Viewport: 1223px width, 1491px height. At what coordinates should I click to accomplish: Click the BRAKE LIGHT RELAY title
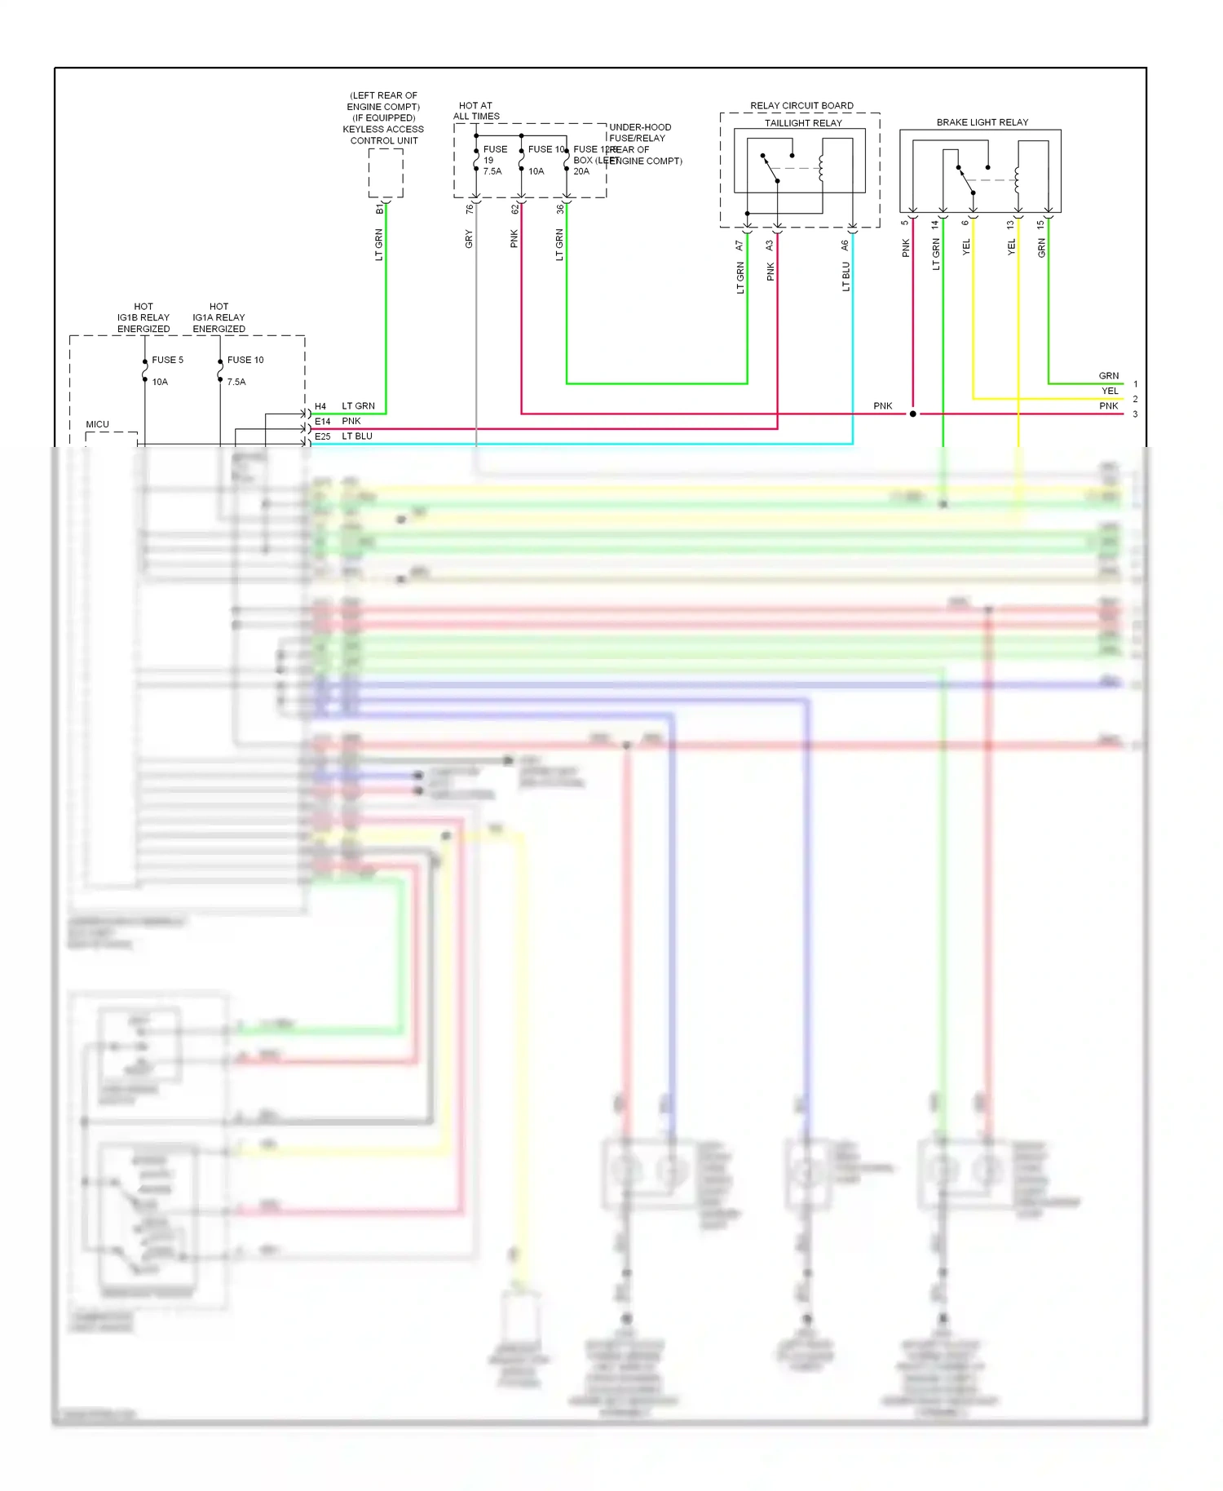click(x=982, y=122)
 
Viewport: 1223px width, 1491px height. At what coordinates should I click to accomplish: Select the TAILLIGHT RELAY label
click(x=802, y=123)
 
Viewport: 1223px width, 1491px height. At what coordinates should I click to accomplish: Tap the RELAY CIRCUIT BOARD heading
click(x=801, y=106)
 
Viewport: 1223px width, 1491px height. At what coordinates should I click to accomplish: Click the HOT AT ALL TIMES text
click(x=476, y=111)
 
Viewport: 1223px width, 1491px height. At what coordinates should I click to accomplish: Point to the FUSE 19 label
click(x=494, y=155)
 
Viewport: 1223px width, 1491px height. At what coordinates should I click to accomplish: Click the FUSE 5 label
click(x=167, y=360)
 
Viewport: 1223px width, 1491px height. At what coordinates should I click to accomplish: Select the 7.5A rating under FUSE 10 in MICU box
click(x=236, y=382)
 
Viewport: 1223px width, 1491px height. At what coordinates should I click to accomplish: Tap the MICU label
click(x=97, y=424)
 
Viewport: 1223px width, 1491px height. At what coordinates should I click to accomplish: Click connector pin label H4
click(x=320, y=406)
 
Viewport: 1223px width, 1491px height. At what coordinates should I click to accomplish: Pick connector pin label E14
click(x=322, y=422)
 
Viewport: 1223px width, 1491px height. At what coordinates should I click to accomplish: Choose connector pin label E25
click(x=322, y=436)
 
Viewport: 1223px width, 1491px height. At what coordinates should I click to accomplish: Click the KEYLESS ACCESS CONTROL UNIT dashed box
click(x=385, y=173)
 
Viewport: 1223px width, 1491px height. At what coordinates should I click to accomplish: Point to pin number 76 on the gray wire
click(x=469, y=210)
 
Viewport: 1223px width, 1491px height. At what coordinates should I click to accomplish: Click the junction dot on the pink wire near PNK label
click(x=912, y=414)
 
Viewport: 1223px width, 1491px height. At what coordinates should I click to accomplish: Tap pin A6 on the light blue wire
click(x=845, y=245)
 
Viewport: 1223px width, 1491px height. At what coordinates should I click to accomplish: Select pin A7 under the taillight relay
click(x=739, y=245)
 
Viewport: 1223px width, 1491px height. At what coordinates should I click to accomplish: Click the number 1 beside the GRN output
click(x=1135, y=383)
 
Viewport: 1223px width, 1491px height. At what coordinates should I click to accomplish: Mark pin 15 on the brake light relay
click(x=1040, y=223)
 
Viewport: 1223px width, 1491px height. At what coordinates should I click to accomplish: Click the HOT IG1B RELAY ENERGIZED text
click(x=143, y=318)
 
